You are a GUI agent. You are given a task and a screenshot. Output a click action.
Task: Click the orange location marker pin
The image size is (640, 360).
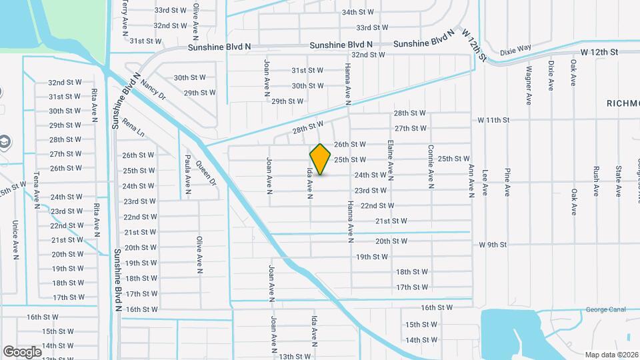pos(321,159)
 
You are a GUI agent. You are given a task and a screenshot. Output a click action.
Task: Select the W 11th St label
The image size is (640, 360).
pos(493,120)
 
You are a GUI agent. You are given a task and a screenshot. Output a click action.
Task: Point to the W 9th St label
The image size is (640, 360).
pos(493,245)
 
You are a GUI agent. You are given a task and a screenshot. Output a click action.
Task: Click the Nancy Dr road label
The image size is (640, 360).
pos(153,89)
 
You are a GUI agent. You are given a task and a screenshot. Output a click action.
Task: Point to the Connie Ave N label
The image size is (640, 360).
pos(431,166)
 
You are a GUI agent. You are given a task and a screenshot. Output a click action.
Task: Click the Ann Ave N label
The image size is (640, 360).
pos(471,179)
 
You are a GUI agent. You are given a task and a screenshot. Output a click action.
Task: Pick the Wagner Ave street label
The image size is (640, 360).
pos(528,85)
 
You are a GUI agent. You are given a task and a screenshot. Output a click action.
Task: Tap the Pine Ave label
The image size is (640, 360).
pos(507,182)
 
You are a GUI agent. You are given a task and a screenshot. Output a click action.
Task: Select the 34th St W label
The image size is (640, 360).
pos(358,12)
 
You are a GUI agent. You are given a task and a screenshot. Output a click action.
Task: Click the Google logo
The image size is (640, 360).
pos(22,351)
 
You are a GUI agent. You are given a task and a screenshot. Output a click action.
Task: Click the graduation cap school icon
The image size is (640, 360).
pos(4,141)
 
